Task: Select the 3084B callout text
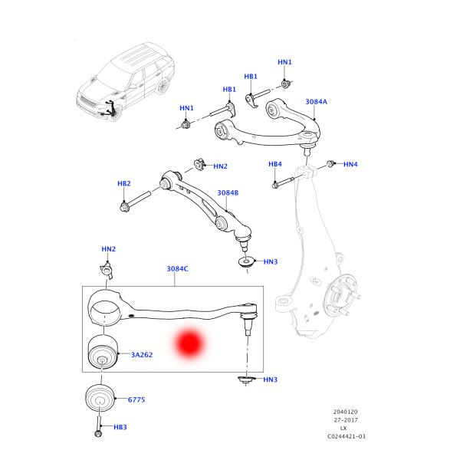point(228,193)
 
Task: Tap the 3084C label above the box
point(177,269)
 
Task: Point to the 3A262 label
point(142,355)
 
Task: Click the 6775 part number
point(136,400)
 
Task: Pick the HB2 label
point(123,184)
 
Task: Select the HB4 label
point(275,164)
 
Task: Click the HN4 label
point(350,164)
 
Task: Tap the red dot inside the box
point(188,344)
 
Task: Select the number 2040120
point(344,412)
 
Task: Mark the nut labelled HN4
point(330,163)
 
